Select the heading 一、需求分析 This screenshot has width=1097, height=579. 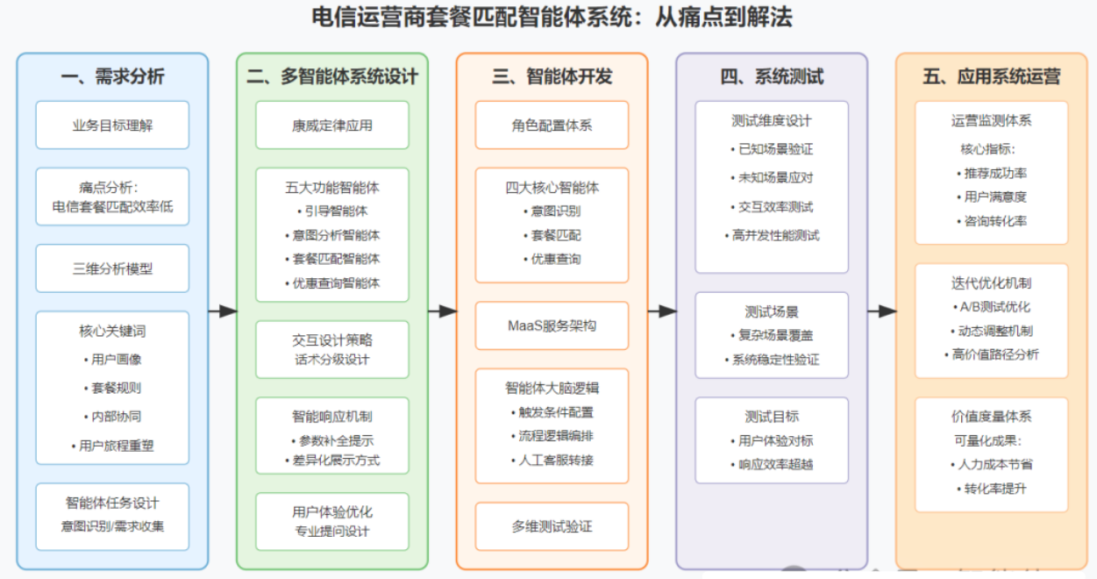pyautogui.click(x=112, y=76)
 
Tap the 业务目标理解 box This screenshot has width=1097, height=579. pyautogui.click(x=112, y=125)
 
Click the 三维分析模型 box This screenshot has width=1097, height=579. pyautogui.click(x=112, y=268)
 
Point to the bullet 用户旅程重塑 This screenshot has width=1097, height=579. pyautogui.click(x=112, y=446)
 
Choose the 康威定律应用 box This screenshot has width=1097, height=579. pyautogui.click(x=332, y=125)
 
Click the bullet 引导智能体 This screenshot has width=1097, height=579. pyautogui.click(x=332, y=211)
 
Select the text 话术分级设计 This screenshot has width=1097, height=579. pyautogui.click(x=332, y=360)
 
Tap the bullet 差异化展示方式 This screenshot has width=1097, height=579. pyautogui.click(x=332, y=461)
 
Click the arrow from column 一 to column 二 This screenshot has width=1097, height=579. pyautogui.click(x=223, y=311)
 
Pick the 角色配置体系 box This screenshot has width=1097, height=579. pyautogui.click(x=552, y=125)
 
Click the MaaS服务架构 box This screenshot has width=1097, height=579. pyautogui.click(x=552, y=325)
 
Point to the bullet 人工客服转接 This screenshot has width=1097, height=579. pyautogui.click(x=552, y=461)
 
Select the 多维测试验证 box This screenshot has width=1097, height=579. pyautogui.click(x=552, y=526)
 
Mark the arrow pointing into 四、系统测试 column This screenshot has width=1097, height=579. pyautogui.click(x=662, y=311)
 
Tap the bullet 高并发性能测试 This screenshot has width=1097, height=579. pyautogui.click(x=772, y=236)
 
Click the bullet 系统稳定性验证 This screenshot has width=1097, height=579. pyautogui.click(x=772, y=360)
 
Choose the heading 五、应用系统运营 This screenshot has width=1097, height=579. pyautogui.click(x=991, y=76)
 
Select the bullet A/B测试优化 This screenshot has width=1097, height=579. pyautogui.click(x=992, y=307)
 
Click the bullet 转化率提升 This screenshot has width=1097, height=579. pyautogui.click(x=992, y=489)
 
